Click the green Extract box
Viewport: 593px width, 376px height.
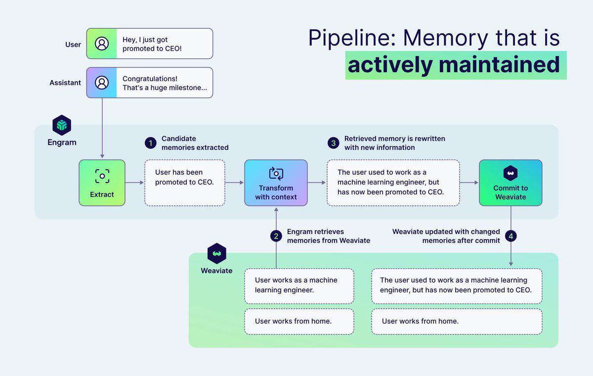(102, 183)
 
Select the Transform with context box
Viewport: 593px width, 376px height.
(276, 183)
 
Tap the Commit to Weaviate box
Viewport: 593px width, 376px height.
(510, 183)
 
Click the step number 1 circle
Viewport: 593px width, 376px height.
(151, 143)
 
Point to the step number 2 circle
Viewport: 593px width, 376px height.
(276, 236)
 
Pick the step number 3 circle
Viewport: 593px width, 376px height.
(333, 143)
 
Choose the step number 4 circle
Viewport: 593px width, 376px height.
(510, 236)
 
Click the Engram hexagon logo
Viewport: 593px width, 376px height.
(62, 125)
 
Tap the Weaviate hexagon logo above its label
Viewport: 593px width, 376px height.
(217, 253)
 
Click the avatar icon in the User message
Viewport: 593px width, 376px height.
(102, 44)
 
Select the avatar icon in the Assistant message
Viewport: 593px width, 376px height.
(102, 83)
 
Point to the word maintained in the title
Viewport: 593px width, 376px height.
(499, 65)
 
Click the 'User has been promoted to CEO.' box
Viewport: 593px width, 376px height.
(185, 183)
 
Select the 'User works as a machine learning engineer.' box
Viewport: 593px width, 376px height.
(299, 286)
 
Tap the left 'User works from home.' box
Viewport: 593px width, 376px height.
(299, 322)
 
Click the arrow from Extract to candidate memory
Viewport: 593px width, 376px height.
(134, 183)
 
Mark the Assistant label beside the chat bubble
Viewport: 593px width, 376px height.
(65, 83)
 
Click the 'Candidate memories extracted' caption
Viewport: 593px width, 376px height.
(195, 143)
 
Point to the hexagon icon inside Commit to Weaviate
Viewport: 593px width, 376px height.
(510, 173)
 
